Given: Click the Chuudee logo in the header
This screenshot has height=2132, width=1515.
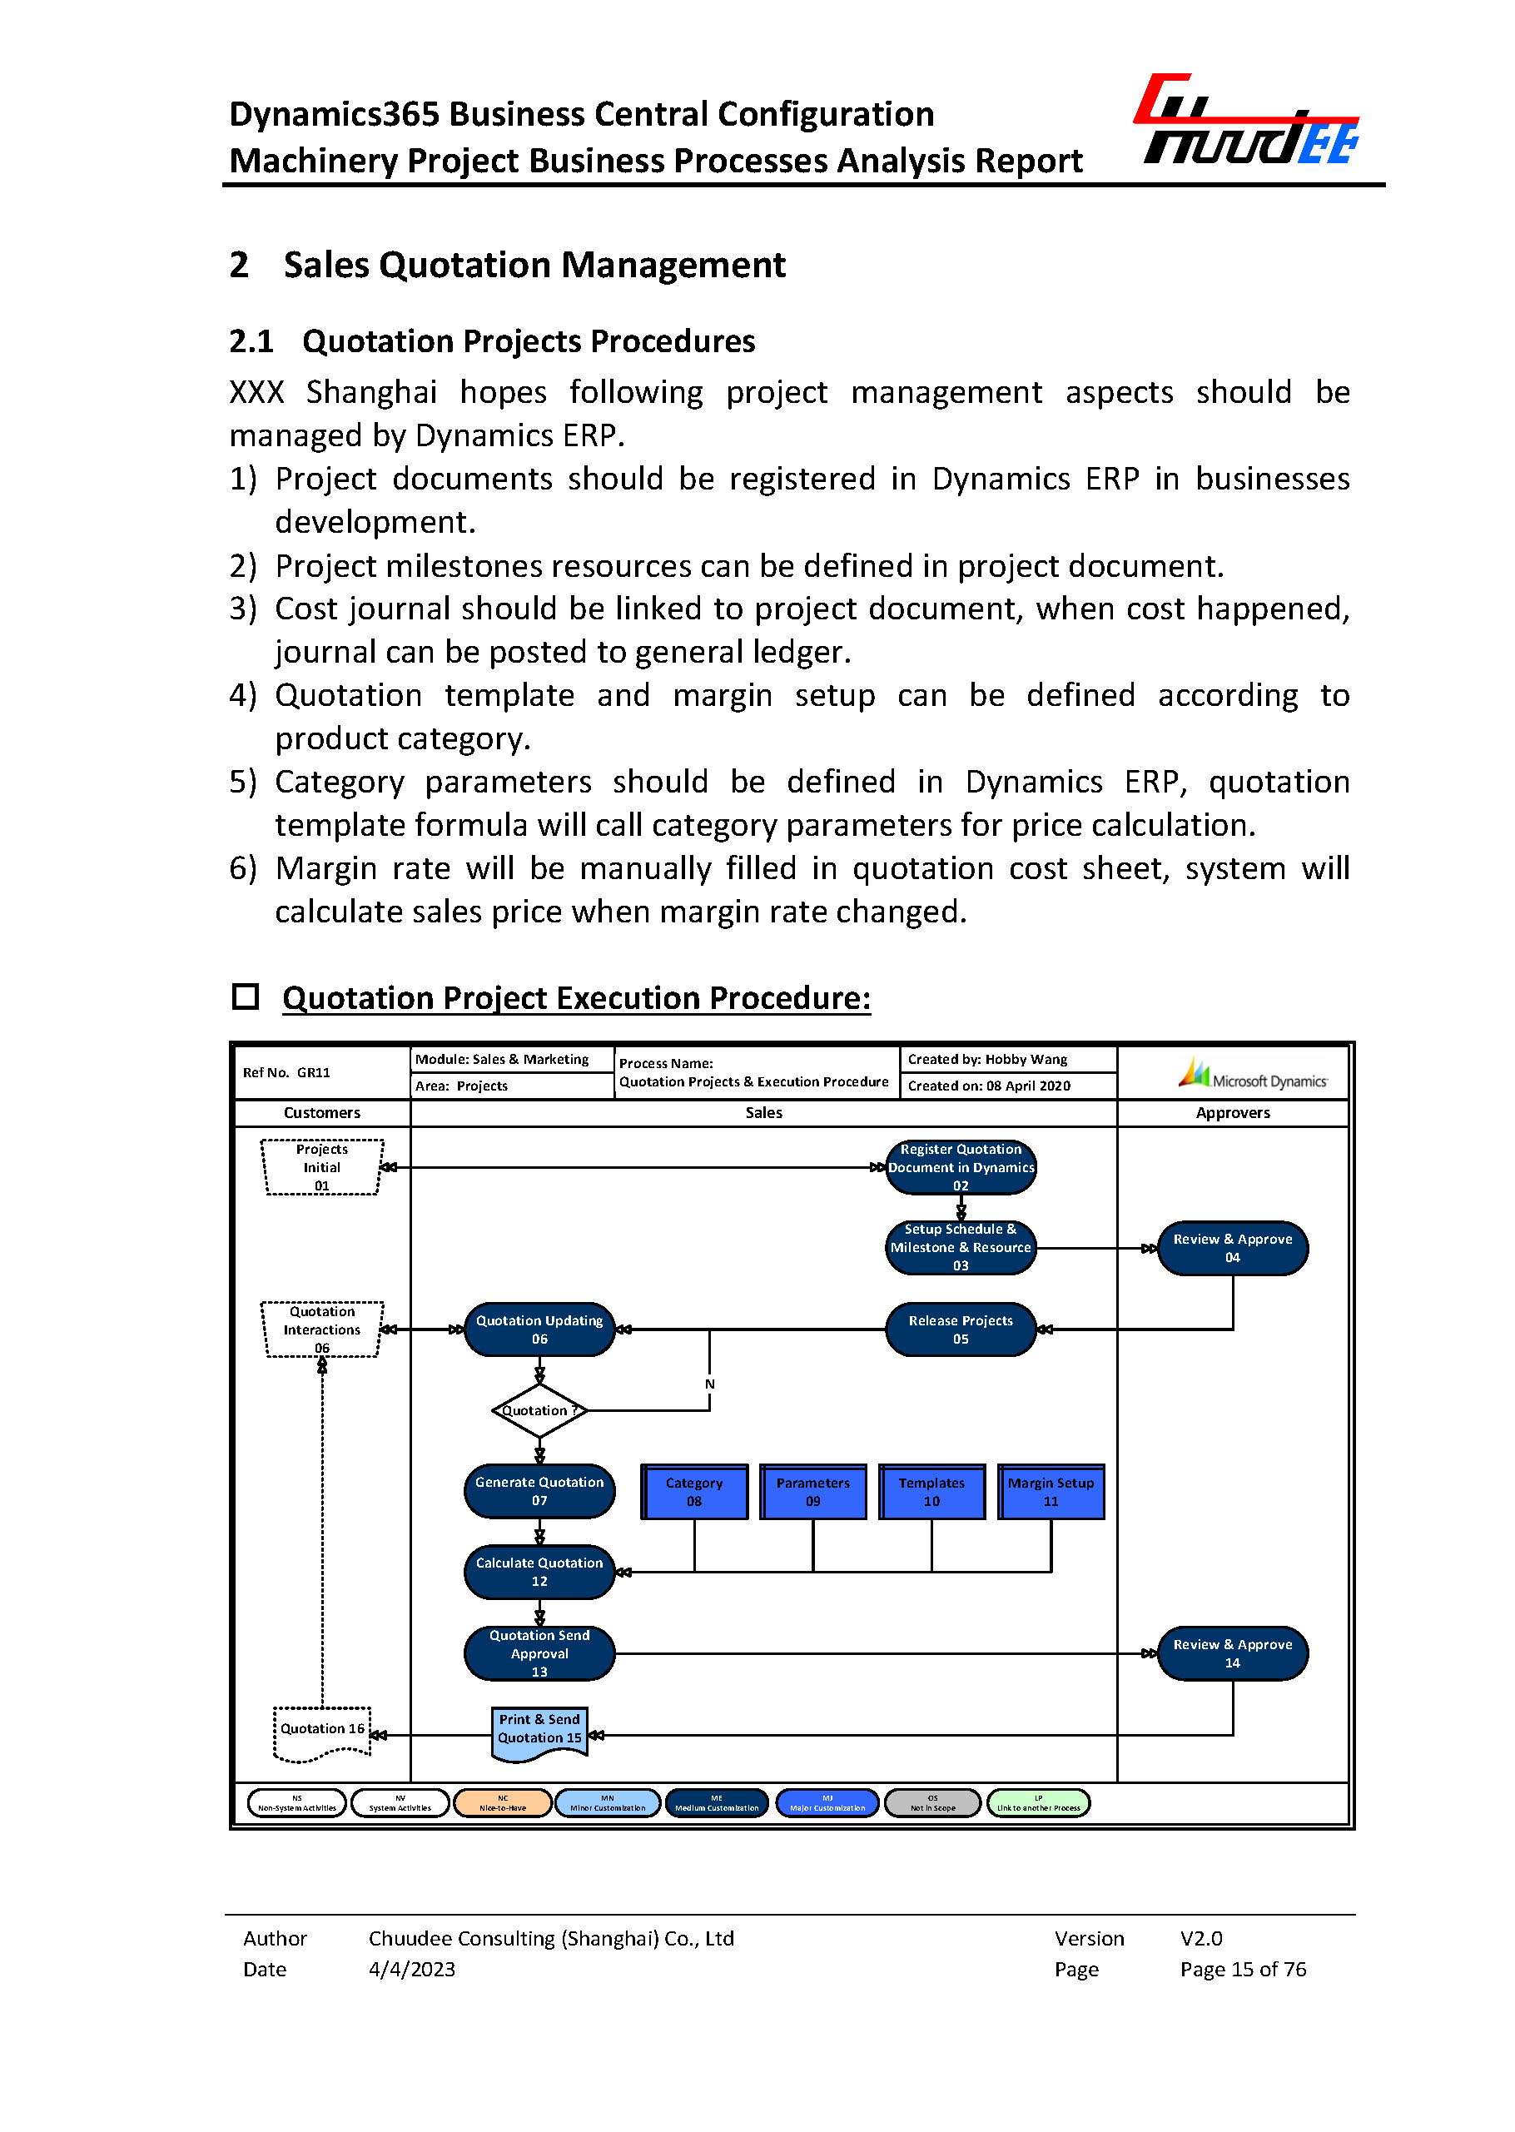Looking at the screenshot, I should (x=1245, y=122).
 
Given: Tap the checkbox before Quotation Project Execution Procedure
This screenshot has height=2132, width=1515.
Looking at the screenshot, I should (x=246, y=996).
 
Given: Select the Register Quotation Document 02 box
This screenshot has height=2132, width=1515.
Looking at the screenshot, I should (x=960, y=1166).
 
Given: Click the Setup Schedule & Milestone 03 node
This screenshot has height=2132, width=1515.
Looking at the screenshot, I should (x=960, y=1247).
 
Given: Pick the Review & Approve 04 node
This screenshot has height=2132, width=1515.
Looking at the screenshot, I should (x=1231, y=1247).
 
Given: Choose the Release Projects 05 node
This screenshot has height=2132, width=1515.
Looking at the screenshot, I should (x=960, y=1329).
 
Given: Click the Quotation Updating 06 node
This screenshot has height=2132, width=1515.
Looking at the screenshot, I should (x=539, y=1329).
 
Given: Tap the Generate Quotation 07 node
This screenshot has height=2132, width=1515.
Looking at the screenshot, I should (x=539, y=1491).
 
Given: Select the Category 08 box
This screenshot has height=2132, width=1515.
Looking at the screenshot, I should (x=694, y=1491).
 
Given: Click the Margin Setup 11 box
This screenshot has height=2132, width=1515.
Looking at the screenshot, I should (x=1051, y=1491).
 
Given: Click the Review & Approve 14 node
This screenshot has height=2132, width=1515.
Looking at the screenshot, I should (x=1231, y=1653).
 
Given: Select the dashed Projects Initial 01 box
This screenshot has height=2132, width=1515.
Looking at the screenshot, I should (x=322, y=1166).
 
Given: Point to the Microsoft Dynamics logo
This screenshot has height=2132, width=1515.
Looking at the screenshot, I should (x=1252, y=1074).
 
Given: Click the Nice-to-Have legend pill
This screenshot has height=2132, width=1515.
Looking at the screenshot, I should (x=502, y=1802).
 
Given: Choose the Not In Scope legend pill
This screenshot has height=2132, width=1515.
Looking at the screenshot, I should (x=932, y=1802).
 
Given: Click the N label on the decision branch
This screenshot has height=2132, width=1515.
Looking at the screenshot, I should (x=710, y=1384).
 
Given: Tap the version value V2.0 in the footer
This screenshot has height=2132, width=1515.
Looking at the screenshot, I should (x=1200, y=1938).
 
